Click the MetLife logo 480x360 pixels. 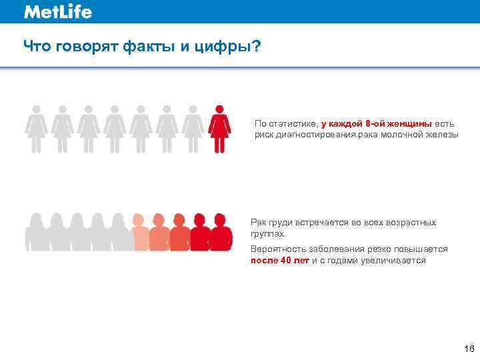(x=58, y=12)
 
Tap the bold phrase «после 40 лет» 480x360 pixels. (x=280, y=261)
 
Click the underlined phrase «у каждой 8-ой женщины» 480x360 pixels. (x=377, y=123)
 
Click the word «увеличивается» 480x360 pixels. (x=393, y=261)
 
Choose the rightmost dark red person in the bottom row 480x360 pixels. (x=222, y=232)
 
